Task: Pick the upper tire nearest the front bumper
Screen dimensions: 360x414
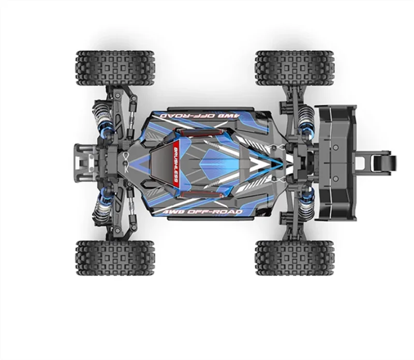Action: (115, 68)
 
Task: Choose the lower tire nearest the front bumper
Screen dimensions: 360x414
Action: (115, 257)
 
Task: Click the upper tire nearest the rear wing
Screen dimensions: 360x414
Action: (294, 68)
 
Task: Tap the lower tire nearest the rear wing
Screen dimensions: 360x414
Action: (294, 257)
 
